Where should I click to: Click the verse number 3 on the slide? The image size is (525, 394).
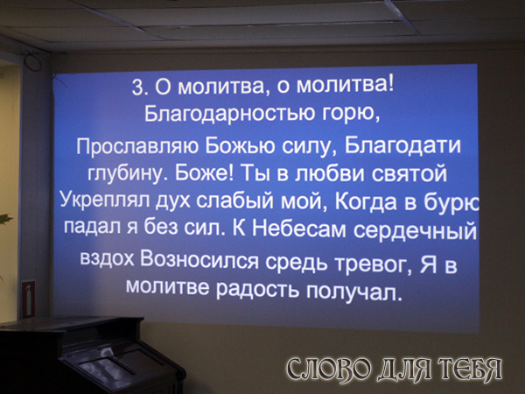tap(138, 88)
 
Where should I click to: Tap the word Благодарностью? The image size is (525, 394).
tap(229, 114)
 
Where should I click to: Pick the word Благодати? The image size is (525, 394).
tap(402, 146)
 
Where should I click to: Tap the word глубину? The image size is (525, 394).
tap(128, 174)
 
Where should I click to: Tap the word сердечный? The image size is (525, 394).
tap(415, 230)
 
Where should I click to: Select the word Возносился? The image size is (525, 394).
tap(199, 260)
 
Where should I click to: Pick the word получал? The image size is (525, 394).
tap(353, 292)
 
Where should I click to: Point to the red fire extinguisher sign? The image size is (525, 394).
tap(29, 299)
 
